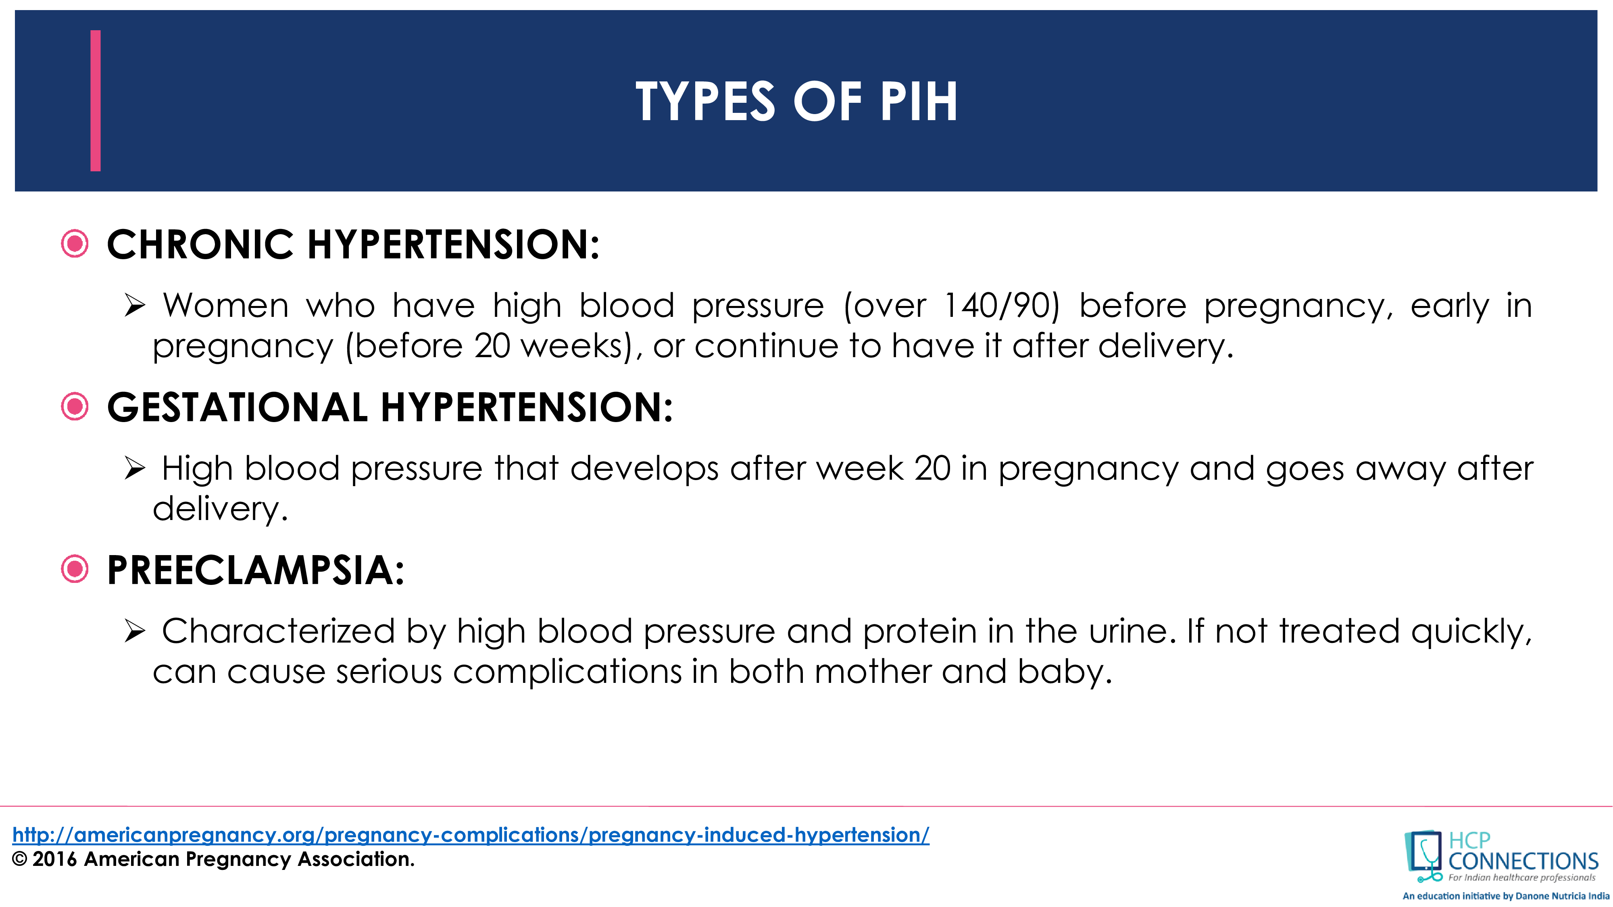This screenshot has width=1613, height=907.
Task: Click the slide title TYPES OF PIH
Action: pyautogui.click(x=796, y=102)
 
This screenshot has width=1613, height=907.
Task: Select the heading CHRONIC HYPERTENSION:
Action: pyautogui.click(x=353, y=244)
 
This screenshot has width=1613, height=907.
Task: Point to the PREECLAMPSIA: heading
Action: pyautogui.click(x=256, y=570)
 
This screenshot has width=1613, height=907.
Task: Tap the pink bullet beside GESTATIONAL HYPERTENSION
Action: pyautogui.click(x=75, y=407)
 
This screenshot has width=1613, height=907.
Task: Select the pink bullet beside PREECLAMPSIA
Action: pyautogui.click(x=75, y=570)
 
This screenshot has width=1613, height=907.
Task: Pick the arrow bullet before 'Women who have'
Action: pyautogui.click(x=135, y=306)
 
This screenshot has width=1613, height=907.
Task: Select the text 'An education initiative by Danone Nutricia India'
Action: pyautogui.click(x=1505, y=896)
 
